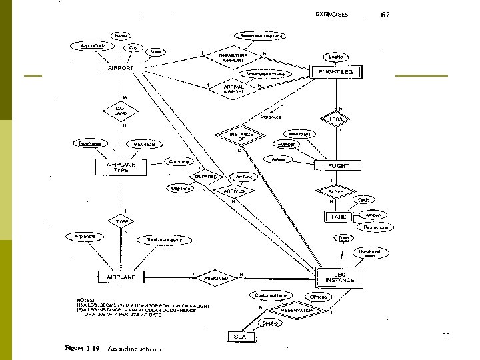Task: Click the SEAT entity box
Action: tap(241, 337)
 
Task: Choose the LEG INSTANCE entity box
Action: tap(339, 276)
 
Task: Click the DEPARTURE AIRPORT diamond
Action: tap(233, 58)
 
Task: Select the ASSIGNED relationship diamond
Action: tap(217, 277)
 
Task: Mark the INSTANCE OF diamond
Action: tap(241, 137)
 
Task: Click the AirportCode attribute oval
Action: tap(93, 46)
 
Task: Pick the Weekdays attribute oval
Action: tap(301, 134)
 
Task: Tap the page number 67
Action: tap(385, 15)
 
